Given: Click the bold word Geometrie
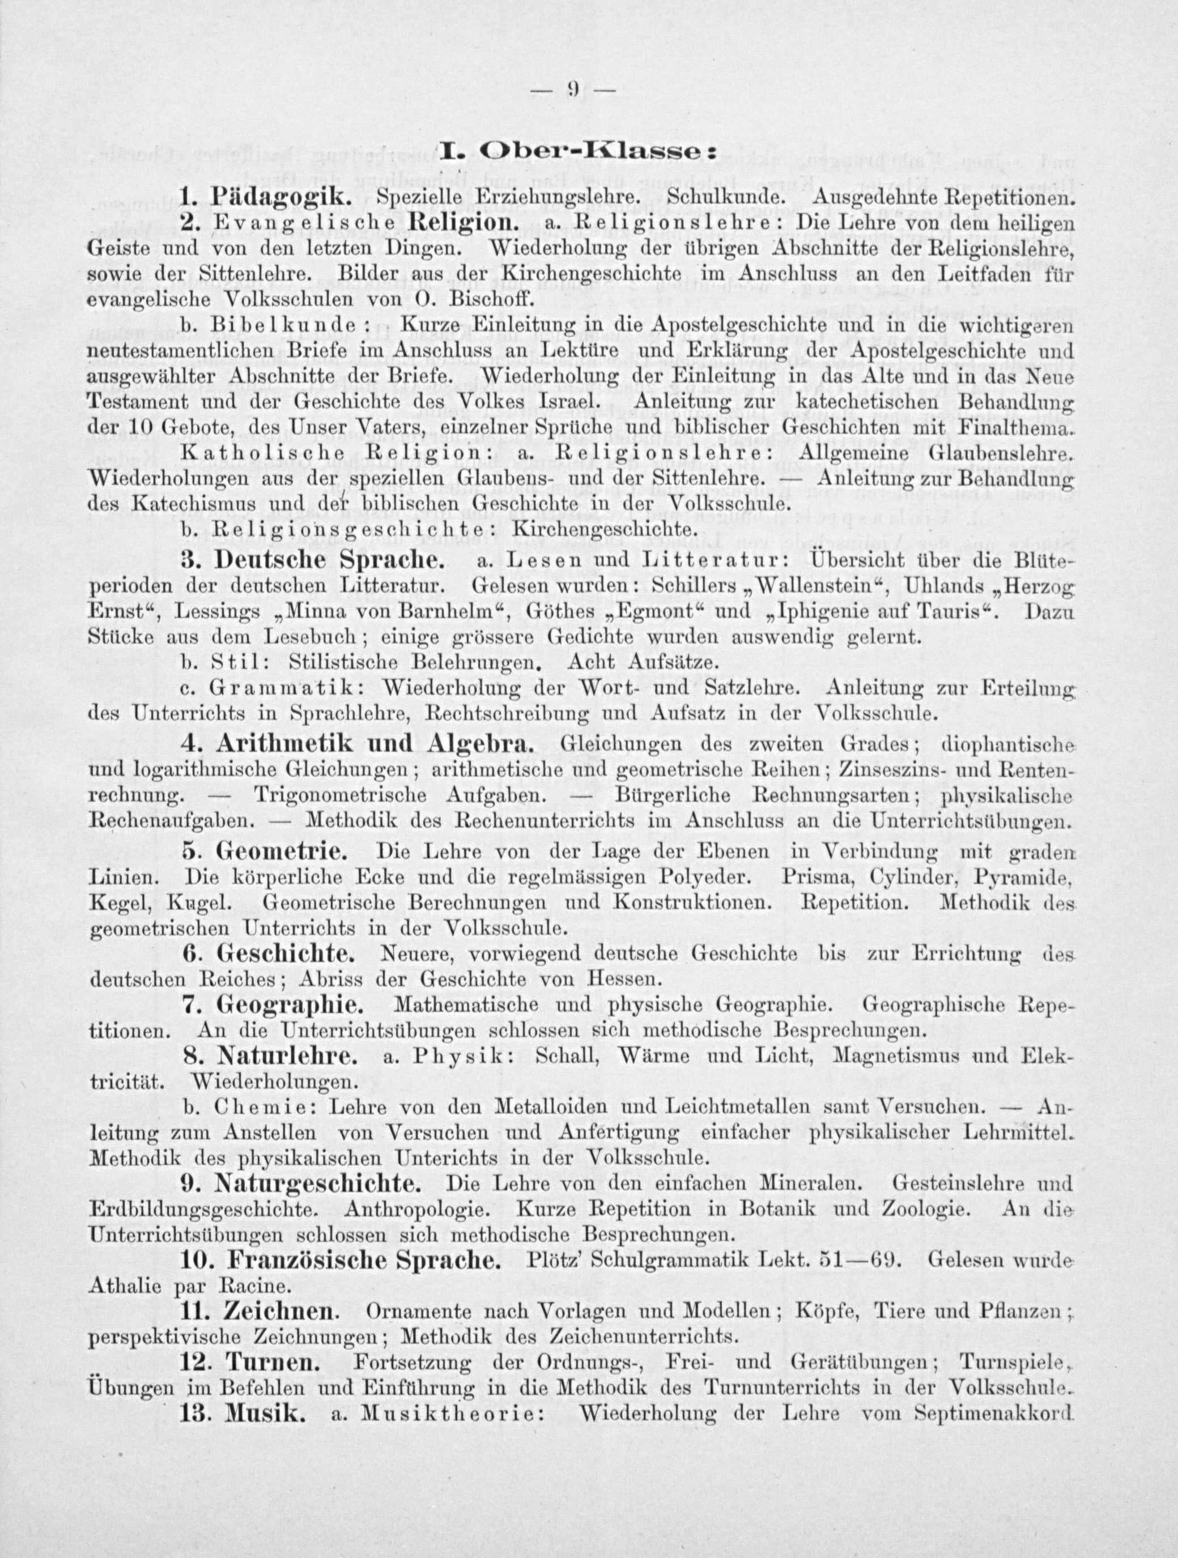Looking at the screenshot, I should pyautogui.click(x=282, y=852).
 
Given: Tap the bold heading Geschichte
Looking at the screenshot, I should pyautogui.click(x=287, y=955).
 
